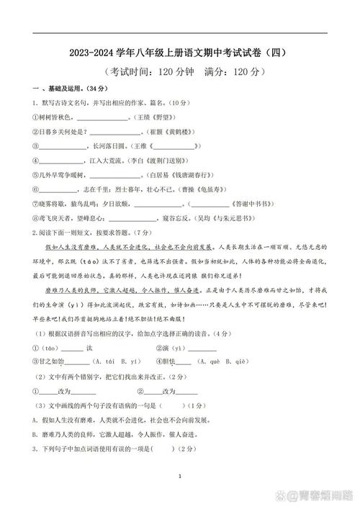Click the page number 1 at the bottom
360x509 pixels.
pyautogui.click(x=180, y=477)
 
